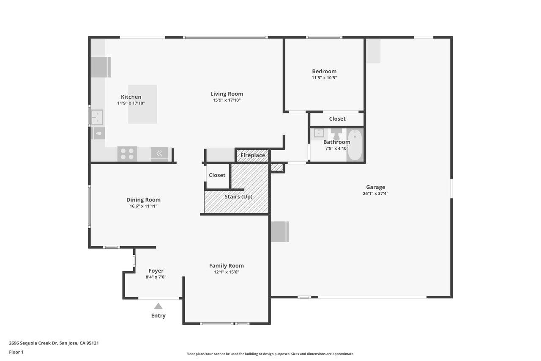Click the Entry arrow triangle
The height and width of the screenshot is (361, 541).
(x=158, y=306)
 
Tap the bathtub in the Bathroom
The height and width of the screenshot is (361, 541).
(x=355, y=145)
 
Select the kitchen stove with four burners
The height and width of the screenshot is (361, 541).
(x=127, y=154)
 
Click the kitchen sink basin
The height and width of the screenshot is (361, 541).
(x=97, y=117)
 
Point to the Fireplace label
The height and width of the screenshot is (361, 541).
(x=253, y=155)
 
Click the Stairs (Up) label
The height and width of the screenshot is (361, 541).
(x=238, y=196)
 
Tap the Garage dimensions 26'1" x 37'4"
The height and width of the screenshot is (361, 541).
(x=376, y=193)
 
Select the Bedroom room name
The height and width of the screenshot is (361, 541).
(x=324, y=72)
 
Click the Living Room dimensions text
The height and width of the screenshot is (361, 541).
(x=227, y=100)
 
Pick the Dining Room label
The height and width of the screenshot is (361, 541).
(x=143, y=200)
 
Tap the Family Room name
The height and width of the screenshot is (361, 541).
(x=227, y=266)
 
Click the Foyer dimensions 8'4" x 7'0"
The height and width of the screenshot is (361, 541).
(x=156, y=277)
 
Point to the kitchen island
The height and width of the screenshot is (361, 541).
(x=142, y=104)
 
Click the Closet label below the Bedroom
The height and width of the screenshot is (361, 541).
(x=337, y=119)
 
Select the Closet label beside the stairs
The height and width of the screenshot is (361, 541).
(x=217, y=175)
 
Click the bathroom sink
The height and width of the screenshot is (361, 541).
(x=319, y=133)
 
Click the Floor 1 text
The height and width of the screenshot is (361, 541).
(x=16, y=352)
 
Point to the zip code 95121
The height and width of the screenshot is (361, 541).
(x=93, y=343)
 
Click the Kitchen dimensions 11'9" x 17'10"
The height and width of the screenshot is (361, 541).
(x=131, y=103)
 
